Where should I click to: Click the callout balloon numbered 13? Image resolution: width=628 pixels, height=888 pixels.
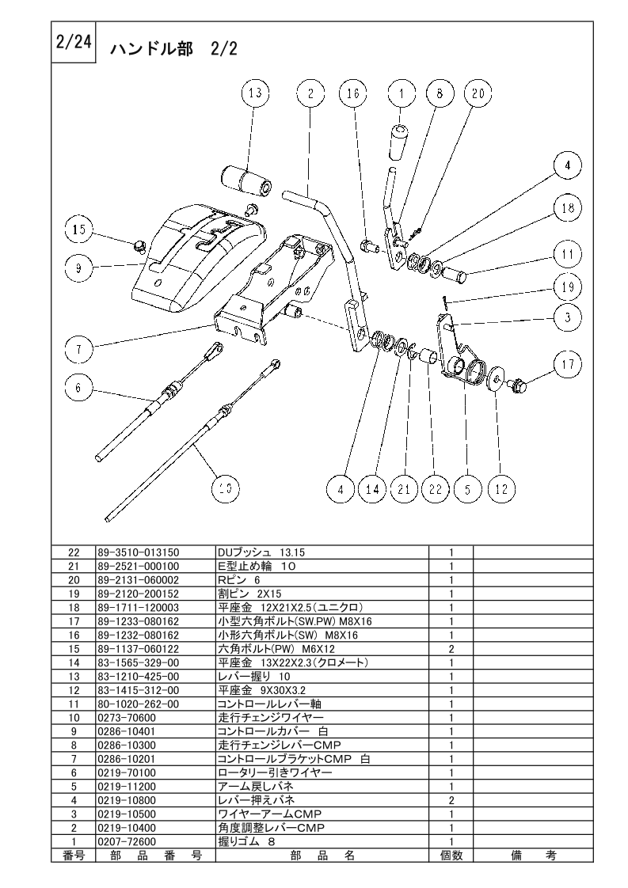point(255,93)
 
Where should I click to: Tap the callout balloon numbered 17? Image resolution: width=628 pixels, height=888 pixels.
point(568,365)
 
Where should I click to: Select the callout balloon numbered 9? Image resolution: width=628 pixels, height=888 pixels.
point(78,268)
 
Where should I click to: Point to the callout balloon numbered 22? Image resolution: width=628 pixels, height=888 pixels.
point(436,489)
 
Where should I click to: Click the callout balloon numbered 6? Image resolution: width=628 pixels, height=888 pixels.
point(78,388)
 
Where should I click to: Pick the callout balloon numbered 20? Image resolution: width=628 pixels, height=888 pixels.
point(478,93)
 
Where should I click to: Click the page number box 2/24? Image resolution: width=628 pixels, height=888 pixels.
point(74,43)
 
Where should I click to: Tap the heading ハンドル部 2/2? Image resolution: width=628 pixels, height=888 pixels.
point(173,49)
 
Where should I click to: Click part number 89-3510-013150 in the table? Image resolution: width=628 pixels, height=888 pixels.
point(139,552)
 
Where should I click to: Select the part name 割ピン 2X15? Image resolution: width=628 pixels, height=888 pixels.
point(249,594)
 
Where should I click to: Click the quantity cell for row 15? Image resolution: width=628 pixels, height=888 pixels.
point(451,649)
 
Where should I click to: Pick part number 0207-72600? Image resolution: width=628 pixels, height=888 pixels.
point(127,841)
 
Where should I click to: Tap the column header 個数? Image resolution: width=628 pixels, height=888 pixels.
point(451,855)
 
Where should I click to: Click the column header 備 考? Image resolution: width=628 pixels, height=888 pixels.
point(533,855)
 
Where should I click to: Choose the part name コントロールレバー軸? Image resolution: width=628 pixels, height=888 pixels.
point(269,704)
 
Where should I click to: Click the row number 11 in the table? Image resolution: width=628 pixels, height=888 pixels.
point(74,704)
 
